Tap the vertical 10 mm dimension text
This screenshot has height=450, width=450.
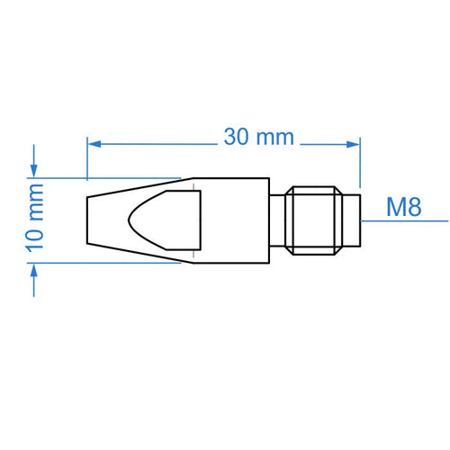pos(36,220)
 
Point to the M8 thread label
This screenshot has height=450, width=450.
pos(403,207)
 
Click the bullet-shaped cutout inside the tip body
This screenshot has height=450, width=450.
pos(162,220)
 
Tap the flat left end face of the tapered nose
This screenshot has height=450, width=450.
pos(87,220)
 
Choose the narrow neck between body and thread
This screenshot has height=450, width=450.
pos(277,220)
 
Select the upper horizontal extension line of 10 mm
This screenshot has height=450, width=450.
pos(108,176)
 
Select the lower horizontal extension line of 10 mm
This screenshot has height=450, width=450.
pos(108,263)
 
